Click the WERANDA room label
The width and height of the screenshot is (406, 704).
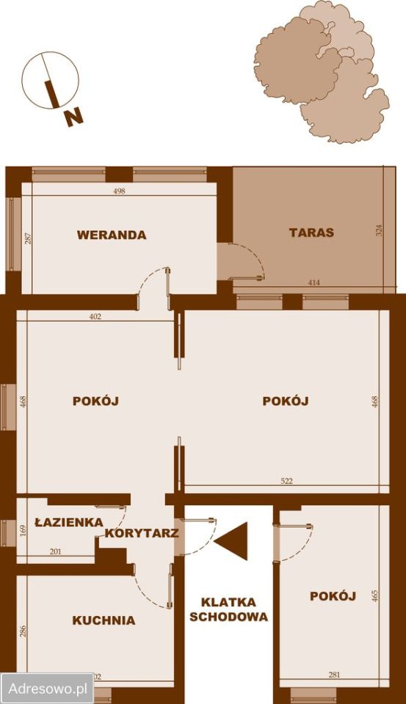[112, 235]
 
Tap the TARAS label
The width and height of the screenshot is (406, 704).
[311, 233]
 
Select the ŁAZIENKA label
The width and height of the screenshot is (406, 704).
[69, 523]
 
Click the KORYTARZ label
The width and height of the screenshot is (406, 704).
[142, 533]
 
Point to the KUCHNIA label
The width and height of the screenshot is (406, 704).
[104, 620]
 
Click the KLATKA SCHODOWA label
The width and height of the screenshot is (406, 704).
[228, 609]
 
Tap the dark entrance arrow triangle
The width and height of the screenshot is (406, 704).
[233, 541]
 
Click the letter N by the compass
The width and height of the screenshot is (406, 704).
[73, 116]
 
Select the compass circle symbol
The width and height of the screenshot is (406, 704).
[50, 80]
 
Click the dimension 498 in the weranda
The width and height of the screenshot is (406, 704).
[120, 191]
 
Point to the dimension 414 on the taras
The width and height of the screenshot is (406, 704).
[314, 282]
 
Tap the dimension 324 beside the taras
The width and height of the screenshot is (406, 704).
[379, 230]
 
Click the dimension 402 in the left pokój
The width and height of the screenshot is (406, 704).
[95, 317]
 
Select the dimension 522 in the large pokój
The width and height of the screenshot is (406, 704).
[286, 481]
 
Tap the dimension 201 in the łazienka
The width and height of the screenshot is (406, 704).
[55, 552]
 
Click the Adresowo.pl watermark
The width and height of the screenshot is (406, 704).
[47, 689]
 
